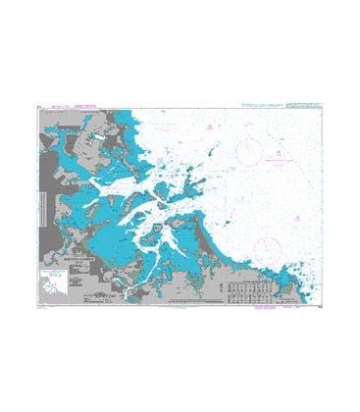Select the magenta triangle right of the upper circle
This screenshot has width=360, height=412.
coord(280,154)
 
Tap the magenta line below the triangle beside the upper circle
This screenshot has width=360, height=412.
coord(281,161)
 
